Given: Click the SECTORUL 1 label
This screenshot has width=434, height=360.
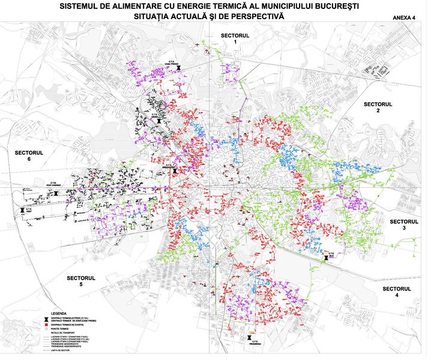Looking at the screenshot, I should (x=235, y=38).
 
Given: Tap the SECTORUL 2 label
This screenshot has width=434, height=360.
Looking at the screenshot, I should (x=378, y=107).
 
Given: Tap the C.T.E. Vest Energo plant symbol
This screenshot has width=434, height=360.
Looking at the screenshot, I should (x=55, y=193).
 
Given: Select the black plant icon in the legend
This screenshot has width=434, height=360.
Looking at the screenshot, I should (x=46, y=319).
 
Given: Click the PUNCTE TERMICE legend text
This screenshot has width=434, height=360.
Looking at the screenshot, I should (x=62, y=329).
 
